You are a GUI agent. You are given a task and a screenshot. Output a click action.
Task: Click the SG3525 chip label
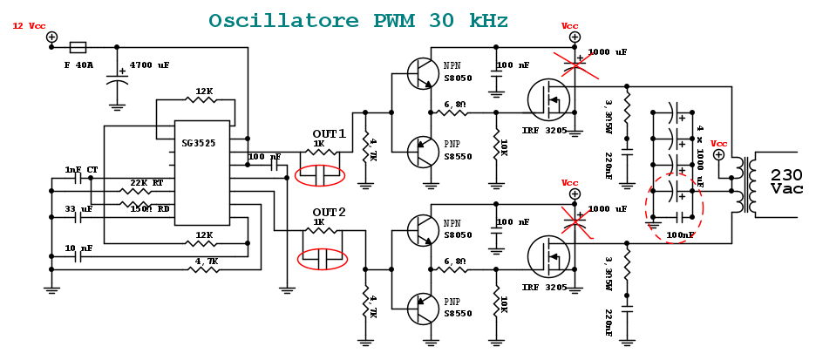(199, 142)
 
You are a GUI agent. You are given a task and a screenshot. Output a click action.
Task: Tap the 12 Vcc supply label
(29, 26)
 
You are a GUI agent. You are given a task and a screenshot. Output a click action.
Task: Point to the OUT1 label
(329, 133)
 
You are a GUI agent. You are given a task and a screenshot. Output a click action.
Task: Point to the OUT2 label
(329, 212)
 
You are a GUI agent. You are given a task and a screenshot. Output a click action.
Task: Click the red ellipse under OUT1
(320, 174)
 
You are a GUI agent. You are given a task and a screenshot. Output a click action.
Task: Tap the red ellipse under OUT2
(322, 258)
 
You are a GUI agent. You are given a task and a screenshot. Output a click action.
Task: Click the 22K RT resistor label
(146, 182)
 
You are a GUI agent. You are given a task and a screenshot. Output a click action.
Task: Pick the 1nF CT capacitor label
(81, 169)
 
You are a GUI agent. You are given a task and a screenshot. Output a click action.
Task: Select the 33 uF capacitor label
(78, 209)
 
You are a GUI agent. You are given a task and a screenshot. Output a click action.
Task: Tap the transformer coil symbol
(740, 184)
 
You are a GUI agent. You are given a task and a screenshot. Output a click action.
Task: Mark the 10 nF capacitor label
(78, 248)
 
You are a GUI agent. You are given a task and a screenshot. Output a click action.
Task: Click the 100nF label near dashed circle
(680, 235)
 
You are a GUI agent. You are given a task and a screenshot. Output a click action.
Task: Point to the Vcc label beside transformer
(718, 143)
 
